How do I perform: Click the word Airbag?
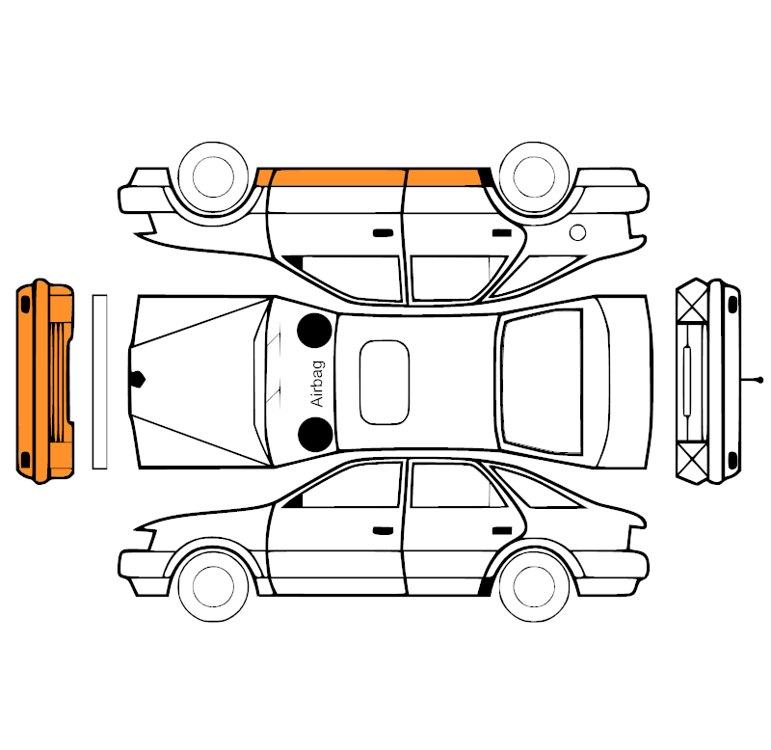(318, 384)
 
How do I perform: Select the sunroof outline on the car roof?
(360, 383)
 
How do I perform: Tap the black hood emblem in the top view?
(138, 379)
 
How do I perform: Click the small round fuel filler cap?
(577, 232)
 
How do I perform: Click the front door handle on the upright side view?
(383, 531)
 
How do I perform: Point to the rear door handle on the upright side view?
(502, 531)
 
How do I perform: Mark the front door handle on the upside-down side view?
(383, 232)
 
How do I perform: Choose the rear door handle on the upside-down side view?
(502, 232)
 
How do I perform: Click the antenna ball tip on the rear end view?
(760, 380)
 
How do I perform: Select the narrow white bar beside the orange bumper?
(100, 382)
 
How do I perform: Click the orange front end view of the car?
(44, 381)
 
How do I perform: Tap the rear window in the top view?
(542, 382)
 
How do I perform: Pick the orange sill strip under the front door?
(339, 177)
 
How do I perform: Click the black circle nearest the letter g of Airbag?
(314, 330)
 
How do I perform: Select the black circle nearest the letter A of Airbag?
(315, 435)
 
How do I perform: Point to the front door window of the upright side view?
(350, 487)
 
